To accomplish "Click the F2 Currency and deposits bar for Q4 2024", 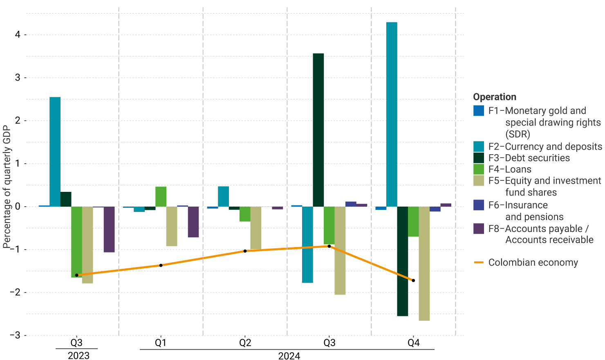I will (392, 115).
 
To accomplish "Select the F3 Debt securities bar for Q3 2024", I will (318, 130).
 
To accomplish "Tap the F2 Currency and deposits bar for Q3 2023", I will (55, 152).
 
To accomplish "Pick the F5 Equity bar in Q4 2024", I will (424, 263).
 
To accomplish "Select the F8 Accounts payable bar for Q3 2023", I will (109, 229).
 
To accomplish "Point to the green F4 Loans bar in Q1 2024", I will (161, 197).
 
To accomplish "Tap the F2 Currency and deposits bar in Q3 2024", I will (307, 245).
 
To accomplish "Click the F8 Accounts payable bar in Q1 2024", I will (193, 222).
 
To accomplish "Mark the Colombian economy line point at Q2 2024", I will (245, 251).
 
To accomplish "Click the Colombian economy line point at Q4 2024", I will (413, 281).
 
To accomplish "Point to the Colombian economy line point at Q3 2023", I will (76, 275).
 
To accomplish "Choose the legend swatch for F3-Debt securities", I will (479, 158).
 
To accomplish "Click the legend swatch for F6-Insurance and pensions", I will (479, 205).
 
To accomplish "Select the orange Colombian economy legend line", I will (479, 263).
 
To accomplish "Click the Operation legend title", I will (495, 97).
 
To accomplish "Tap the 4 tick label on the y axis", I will (18, 35).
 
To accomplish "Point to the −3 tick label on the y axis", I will (15, 335).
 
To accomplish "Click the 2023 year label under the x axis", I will (78, 355).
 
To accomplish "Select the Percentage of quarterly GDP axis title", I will (7, 187).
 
